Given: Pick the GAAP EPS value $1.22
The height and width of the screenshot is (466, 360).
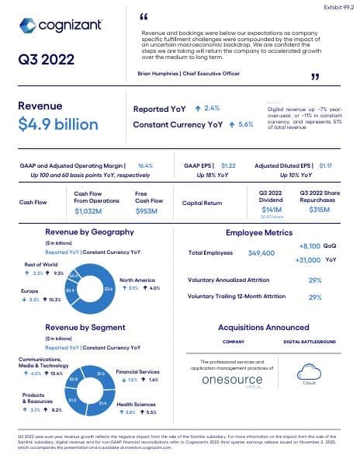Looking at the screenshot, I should pos(228,165).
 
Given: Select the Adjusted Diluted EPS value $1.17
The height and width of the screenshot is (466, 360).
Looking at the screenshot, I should pos(325,165).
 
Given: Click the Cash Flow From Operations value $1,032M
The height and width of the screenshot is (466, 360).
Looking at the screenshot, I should pos(88,210).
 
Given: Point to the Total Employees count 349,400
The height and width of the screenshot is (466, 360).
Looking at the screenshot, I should pos(261,253).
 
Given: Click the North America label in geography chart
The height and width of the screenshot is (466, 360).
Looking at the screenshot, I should pos(139,280).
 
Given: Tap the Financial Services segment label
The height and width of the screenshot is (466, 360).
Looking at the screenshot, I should pos(138,373).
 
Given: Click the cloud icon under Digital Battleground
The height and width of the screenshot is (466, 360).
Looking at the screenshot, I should pos(309,370).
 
